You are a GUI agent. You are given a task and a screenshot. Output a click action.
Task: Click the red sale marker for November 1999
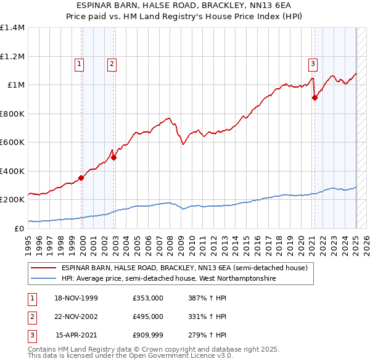tap(81, 178)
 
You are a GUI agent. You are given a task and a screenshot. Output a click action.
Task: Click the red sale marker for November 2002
tap(114, 157)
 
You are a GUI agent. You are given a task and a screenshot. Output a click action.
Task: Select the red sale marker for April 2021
tap(314, 97)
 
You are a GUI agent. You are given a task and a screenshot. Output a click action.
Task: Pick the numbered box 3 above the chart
tap(313, 63)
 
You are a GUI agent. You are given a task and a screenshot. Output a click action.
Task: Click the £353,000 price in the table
tap(148, 297)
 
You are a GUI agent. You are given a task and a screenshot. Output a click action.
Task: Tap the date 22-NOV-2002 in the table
tap(76, 316)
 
